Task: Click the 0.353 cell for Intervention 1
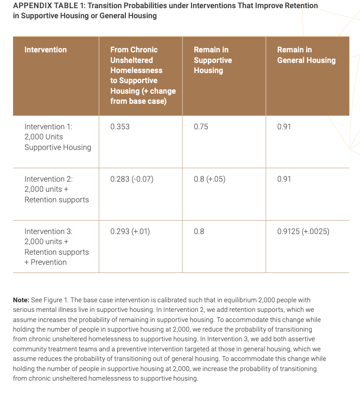point(120,127)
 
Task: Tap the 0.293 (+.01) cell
point(130,232)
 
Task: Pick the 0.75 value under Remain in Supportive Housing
point(201,127)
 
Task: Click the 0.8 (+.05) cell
point(210,179)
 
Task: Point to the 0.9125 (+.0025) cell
point(303,232)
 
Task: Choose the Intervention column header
point(46,49)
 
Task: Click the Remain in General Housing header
point(306,55)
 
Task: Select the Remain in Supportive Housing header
point(213,60)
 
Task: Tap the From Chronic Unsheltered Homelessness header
point(143,75)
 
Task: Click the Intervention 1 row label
point(58,137)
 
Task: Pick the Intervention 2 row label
point(57,189)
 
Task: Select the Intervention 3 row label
point(57,247)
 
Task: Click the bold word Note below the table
point(22,299)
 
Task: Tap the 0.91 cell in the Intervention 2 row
point(284,179)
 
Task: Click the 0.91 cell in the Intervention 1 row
point(284,127)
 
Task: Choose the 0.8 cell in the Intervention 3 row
point(199,232)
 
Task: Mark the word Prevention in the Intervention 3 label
point(49,262)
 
